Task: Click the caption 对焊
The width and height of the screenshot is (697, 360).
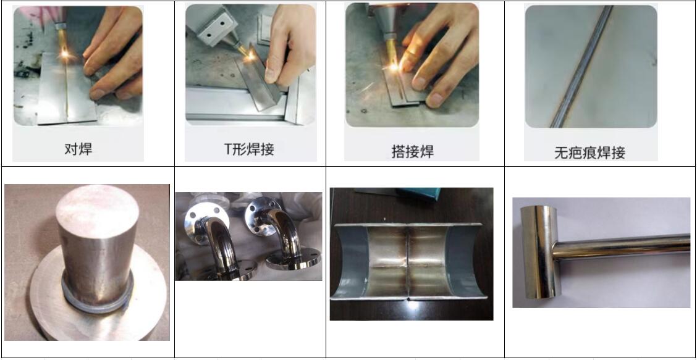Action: [78, 149]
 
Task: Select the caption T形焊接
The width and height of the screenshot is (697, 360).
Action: [249, 149]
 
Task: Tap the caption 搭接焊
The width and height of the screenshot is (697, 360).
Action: [413, 151]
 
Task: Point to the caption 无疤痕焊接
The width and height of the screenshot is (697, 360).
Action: [590, 153]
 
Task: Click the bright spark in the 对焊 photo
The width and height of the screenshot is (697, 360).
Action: [65, 55]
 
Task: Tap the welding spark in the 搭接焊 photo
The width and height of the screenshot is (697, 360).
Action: [394, 67]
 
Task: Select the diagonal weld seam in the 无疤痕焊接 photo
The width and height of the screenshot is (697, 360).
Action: [581, 67]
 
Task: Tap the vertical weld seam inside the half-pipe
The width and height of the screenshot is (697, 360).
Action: [408, 261]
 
